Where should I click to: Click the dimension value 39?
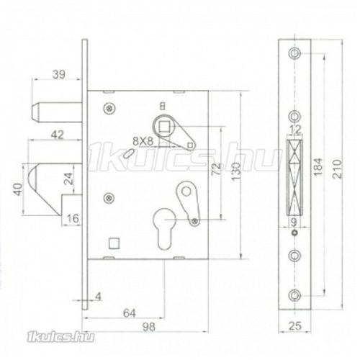pyautogui.click(x=59, y=74)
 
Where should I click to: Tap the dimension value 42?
pyautogui.click(x=58, y=135)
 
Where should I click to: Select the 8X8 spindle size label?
pyautogui.click(x=143, y=141)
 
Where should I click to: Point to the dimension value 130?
pyautogui.click(x=236, y=171)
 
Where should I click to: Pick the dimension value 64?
pyautogui.click(x=130, y=313)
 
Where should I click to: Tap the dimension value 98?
pyautogui.click(x=148, y=327)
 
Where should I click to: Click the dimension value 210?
pyautogui.click(x=337, y=168)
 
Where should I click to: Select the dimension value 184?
pyautogui.click(x=318, y=167)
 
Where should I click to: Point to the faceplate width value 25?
pyautogui.click(x=295, y=326)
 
